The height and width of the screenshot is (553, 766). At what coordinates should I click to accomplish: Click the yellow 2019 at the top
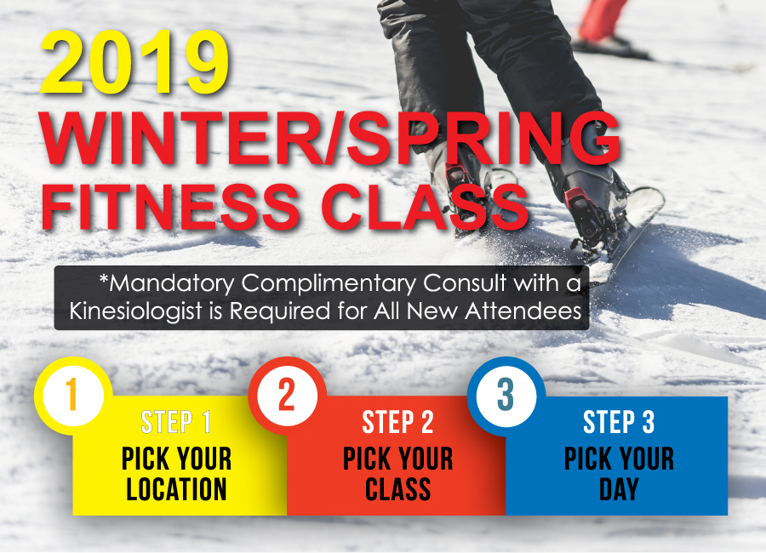134,63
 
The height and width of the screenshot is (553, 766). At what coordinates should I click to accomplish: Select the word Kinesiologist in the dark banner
135,311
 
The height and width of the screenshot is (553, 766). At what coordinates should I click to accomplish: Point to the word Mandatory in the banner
167,284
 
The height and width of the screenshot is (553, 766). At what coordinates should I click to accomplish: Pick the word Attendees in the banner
523,311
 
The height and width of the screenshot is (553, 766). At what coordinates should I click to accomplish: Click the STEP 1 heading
176,422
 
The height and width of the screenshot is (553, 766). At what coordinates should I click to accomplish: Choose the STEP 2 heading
397,422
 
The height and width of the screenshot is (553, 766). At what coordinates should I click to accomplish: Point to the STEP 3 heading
619,422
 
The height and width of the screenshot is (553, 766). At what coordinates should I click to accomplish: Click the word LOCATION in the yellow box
176,489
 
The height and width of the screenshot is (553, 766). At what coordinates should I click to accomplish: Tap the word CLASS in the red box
397,489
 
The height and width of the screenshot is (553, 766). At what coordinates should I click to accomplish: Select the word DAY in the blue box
619,489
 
